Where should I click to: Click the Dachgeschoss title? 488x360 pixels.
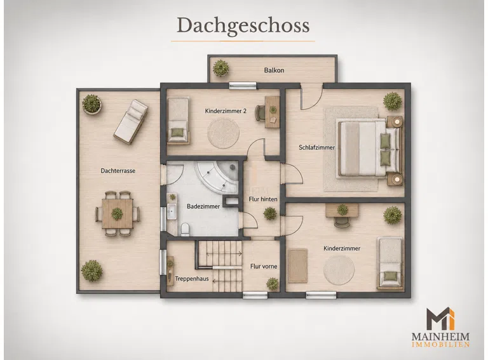point(243,26)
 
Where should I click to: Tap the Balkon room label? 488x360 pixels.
point(274,70)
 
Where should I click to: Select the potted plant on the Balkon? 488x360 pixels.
point(220,68)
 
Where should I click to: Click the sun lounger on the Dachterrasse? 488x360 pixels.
point(131,121)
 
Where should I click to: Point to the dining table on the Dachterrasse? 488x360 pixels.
point(118,213)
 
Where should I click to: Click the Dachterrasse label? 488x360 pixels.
point(118,171)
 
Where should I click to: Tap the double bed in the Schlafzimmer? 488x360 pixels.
point(369,149)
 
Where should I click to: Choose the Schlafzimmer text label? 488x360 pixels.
point(316,147)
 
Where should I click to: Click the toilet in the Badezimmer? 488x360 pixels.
point(185,229)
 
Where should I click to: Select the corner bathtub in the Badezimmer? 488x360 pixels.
point(217,177)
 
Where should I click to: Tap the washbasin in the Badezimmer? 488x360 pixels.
point(172,211)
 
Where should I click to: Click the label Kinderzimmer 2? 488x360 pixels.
point(226,111)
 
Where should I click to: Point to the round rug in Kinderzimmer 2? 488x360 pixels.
point(224,134)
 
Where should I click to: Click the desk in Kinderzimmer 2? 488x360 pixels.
point(273,112)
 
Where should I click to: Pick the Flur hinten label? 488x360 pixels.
point(263,199)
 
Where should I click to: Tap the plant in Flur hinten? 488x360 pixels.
point(269,214)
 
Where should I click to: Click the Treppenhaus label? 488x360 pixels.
point(192,279)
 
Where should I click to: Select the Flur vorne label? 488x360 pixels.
point(264,267)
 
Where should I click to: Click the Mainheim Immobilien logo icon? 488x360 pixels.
point(440,319)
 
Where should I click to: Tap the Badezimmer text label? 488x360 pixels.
point(203,206)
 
